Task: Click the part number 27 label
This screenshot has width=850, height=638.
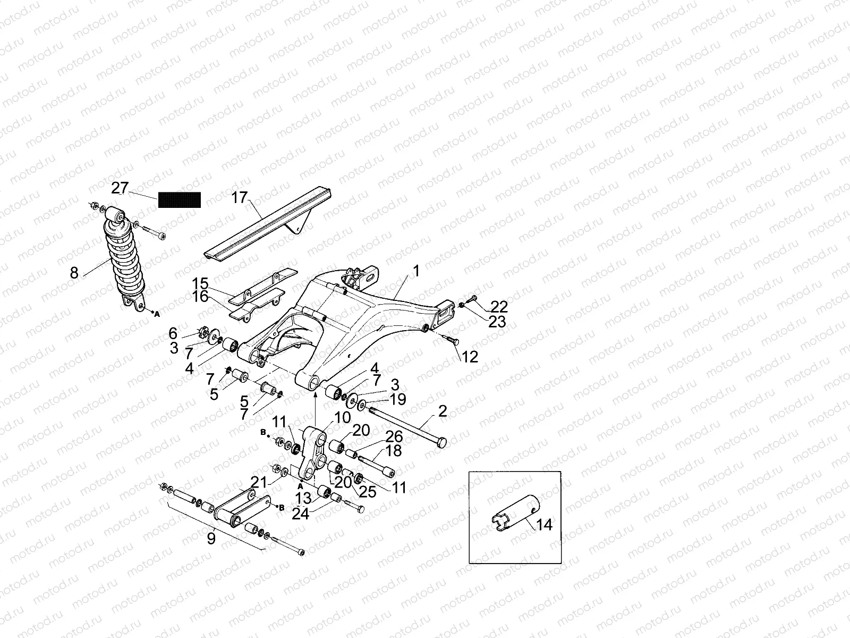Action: (120, 188)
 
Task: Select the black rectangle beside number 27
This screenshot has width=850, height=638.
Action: (180, 199)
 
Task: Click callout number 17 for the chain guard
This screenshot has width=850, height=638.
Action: (240, 198)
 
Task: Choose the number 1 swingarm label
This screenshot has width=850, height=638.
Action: (416, 271)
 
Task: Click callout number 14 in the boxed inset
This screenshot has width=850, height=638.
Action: (544, 525)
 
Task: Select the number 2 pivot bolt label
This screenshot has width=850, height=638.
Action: (443, 410)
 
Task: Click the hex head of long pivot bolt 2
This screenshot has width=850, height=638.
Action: (441, 442)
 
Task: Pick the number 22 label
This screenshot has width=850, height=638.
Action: (499, 307)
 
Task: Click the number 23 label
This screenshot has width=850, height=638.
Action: (497, 321)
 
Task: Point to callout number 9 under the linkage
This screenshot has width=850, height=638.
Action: (211, 539)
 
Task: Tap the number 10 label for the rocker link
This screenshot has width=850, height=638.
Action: (343, 417)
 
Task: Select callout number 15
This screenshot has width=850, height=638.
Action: (201, 283)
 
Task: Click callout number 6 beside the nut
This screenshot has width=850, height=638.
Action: (173, 333)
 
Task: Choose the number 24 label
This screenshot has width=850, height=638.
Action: (300, 513)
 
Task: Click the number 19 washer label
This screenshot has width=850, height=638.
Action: (397, 399)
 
